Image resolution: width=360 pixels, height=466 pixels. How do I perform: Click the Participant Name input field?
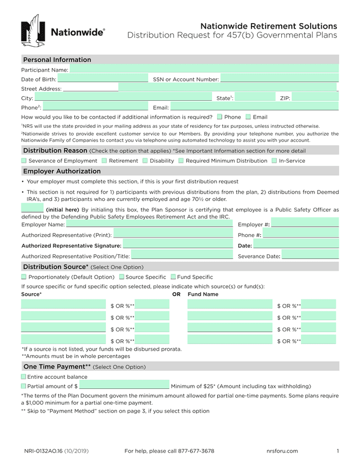point(204,70)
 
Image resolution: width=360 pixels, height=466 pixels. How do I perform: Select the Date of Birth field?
point(102,79)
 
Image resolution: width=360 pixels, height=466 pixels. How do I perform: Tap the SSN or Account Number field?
point(279,79)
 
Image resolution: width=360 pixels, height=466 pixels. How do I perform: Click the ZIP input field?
point(315,98)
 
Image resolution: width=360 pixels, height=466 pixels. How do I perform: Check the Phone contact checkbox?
point(219,117)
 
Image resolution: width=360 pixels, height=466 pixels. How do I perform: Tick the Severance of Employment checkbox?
point(24,161)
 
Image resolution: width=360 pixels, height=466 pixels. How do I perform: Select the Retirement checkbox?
point(105,161)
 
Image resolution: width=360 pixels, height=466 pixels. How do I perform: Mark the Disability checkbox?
point(145,161)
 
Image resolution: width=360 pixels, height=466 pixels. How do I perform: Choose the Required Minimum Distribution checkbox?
point(181,161)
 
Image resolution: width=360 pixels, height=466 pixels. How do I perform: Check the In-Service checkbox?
point(274,161)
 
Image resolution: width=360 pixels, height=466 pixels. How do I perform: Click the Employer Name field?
point(149,225)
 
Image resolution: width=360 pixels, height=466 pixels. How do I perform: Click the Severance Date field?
point(310,256)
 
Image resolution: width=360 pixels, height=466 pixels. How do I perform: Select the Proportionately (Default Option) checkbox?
point(24,277)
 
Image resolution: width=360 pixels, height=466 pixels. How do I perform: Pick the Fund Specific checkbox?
point(173,277)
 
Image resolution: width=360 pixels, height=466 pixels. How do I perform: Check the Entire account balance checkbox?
point(24,377)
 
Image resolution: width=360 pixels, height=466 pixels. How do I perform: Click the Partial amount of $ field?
point(124,386)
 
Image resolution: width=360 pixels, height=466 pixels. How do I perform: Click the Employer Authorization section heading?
point(62,171)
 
